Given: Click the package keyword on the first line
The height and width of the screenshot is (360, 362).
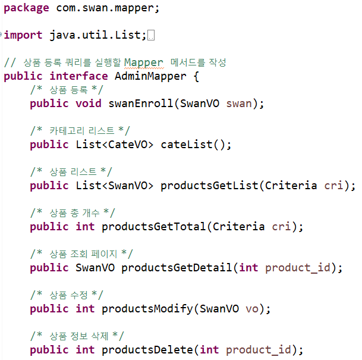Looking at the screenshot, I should [x=27, y=9].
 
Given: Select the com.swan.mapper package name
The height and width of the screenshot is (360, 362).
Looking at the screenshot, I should [x=108, y=9].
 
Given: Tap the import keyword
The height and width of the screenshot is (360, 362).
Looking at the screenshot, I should [x=24, y=35].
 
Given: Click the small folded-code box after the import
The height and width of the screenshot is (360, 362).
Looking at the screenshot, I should [x=150, y=36].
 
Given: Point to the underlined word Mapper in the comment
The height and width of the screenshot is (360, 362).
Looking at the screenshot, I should [x=143, y=62].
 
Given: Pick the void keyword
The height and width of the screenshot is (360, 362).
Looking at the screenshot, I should [x=89, y=104].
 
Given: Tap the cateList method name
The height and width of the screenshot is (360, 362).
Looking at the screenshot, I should [x=190, y=145].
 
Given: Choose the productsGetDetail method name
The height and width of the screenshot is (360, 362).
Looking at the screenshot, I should [x=177, y=268].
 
